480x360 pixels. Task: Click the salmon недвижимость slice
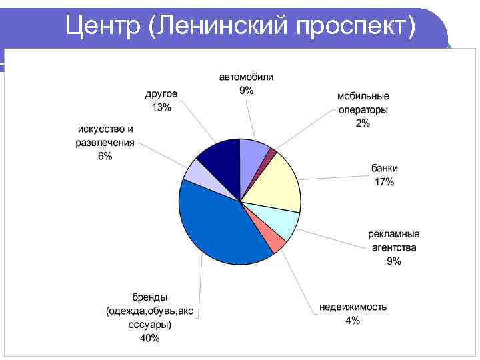tap(275, 241)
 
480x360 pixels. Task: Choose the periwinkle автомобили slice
tap(253, 153)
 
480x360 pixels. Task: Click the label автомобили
tap(247, 77)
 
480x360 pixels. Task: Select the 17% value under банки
tap(384, 182)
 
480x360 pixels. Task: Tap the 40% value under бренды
tap(150, 338)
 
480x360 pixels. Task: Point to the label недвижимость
tap(353, 307)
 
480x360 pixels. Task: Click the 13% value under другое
tap(161, 107)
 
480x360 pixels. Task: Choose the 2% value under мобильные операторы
tap(363, 123)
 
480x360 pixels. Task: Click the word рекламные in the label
tap(394, 234)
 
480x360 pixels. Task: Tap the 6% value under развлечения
tap(105, 156)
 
